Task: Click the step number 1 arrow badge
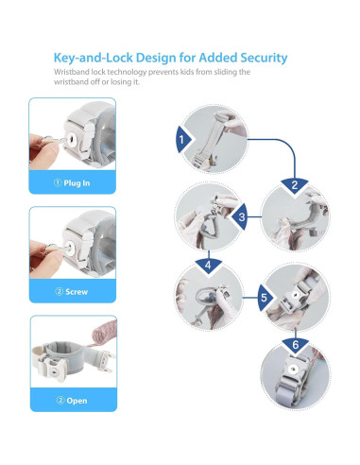point(183,139)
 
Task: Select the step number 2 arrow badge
point(295,185)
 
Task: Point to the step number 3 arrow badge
point(240,217)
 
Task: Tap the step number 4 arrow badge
point(208,266)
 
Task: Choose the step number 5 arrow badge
point(265,298)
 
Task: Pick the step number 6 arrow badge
point(295,344)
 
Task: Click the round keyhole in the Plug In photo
point(72,139)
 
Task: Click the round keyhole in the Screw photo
point(70,248)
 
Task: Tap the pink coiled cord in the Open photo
point(103,333)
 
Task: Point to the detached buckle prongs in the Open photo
point(106,361)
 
